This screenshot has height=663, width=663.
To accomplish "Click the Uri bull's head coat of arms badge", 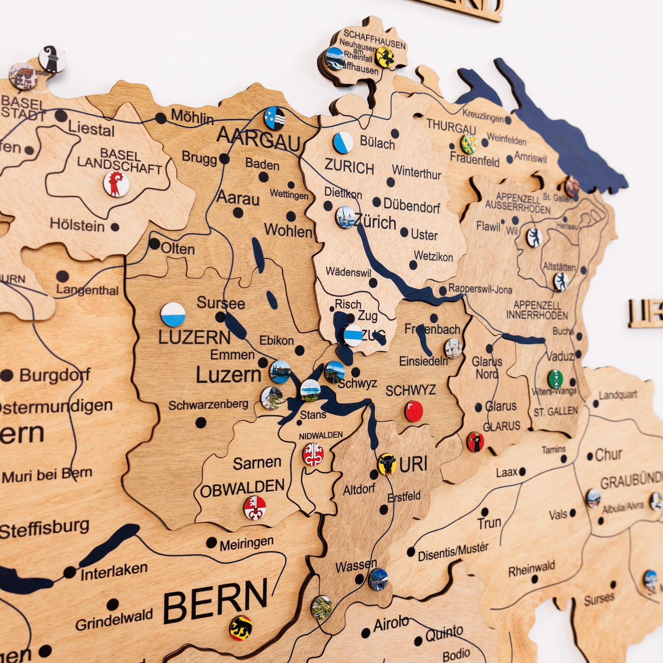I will point(387,464).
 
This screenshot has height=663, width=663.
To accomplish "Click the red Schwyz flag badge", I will point(413,411).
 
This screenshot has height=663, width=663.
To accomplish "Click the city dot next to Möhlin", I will point(160,118).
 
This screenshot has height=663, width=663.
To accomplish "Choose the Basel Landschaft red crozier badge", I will point(116,184).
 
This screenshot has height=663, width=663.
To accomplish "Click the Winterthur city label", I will point(416,172).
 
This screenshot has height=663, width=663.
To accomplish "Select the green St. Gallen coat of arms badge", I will point(555,379).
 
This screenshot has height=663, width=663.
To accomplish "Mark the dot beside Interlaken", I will point(70,572).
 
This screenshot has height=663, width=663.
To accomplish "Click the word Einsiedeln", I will point(423,361).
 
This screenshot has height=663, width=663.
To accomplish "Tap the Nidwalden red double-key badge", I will point(313,454).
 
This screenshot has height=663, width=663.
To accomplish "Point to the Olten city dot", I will point(154,244).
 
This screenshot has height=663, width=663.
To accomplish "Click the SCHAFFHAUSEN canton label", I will point(374,39).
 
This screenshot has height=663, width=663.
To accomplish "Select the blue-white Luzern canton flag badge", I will point(173,314).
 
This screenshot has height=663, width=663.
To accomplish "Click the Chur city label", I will point(608,455).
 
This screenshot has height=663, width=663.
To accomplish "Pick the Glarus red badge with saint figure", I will point(475,442).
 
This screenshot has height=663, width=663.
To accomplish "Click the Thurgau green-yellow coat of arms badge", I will point(469,144).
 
